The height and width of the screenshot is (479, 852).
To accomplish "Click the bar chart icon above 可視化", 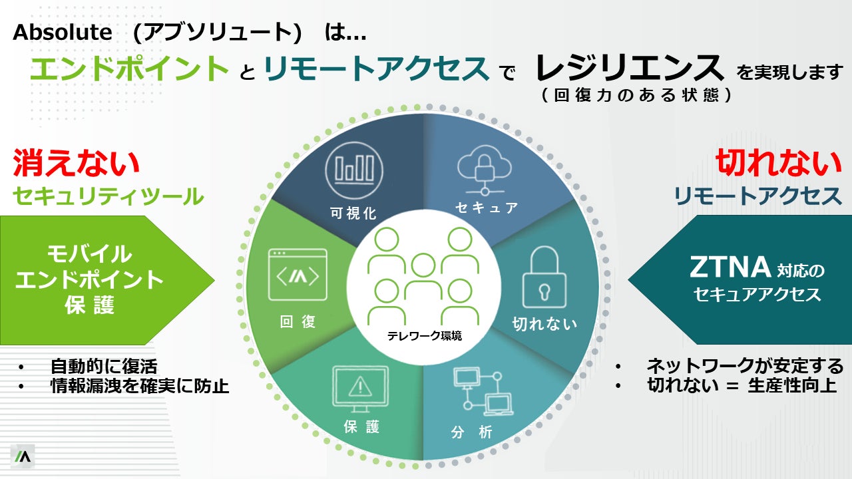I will (354, 168).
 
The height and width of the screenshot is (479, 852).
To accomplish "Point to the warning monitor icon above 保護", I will (360, 387).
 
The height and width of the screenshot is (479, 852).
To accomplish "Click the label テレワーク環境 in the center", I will (425, 335).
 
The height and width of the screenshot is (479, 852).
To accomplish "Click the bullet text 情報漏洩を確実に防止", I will (139, 386).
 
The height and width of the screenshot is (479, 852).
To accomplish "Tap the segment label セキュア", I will (487, 208).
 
